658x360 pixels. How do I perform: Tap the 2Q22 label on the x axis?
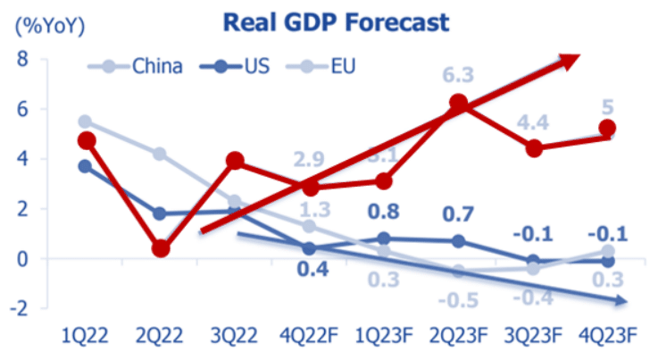pyautogui.click(x=161, y=338)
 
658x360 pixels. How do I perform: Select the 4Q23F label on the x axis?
pyautogui.click(x=607, y=338)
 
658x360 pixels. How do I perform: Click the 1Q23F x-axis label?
pyautogui.click(x=384, y=338)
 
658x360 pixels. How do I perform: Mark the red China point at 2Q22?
pyautogui.click(x=162, y=248)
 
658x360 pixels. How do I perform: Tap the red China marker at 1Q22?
pyautogui.click(x=87, y=141)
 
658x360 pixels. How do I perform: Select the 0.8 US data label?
pyautogui.click(x=384, y=213)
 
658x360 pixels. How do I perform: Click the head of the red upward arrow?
pyautogui.click(x=572, y=59)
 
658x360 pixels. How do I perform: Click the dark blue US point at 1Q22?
pyautogui.click(x=87, y=166)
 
